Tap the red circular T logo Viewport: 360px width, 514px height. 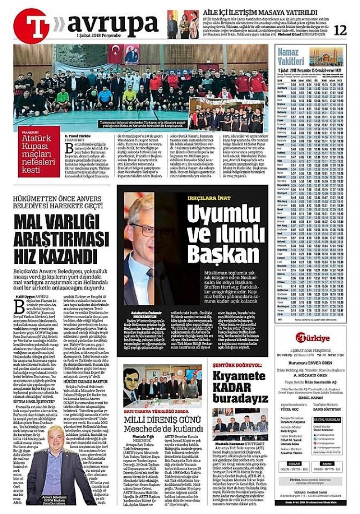32,25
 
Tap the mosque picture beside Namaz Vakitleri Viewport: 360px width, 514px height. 326,57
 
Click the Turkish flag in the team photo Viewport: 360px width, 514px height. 115,54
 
